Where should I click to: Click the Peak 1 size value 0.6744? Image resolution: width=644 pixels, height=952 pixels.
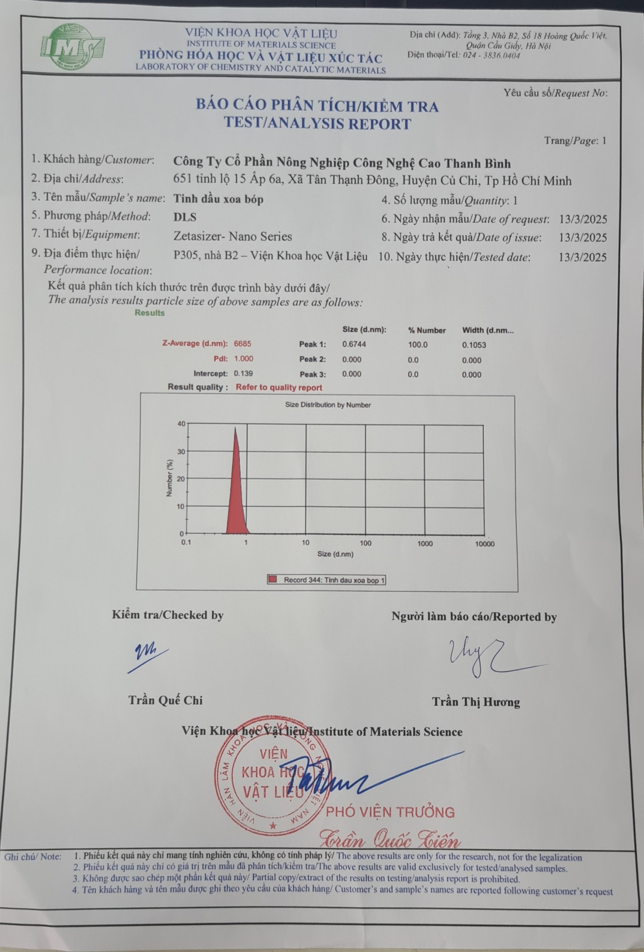pos(354,344)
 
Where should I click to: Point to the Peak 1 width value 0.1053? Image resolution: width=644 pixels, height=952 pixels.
pos(474,345)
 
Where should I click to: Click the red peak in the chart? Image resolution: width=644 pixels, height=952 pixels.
pos(236,492)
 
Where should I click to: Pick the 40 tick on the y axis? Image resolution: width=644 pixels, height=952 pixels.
pos(181,424)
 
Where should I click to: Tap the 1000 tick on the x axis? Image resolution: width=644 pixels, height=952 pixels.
pos(425,544)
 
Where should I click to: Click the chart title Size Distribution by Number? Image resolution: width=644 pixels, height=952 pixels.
pos(328,405)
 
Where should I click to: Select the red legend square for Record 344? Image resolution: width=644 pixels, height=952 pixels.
pos(273,580)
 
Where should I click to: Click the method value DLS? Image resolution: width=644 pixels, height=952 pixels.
pos(185,217)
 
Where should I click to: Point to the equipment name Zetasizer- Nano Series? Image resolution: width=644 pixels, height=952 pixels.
pos(232,237)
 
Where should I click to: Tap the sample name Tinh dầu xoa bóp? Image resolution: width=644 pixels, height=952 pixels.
pos(218,199)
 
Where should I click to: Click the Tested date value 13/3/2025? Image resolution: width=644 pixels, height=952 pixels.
pos(582,257)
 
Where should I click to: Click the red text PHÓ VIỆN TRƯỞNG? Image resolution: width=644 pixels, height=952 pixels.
pos(390,812)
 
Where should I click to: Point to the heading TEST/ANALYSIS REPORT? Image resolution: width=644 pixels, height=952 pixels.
pos(317,123)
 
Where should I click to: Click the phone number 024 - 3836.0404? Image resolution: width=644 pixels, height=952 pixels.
pos(491,56)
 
